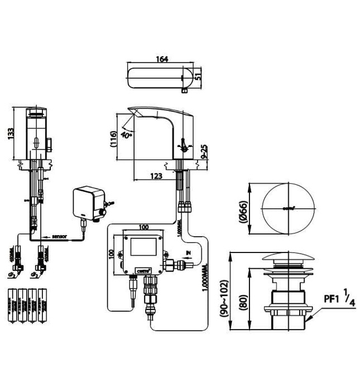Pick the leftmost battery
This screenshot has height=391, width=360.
coord(13,305)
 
